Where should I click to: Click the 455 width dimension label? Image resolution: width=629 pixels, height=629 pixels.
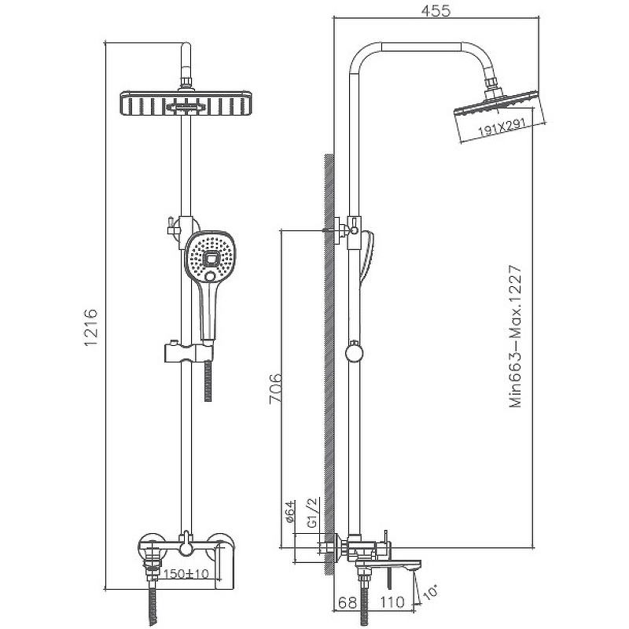tap(436, 10)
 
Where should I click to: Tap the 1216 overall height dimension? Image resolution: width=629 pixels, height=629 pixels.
tap(91, 328)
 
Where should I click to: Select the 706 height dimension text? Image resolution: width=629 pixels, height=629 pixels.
tap(276, 388)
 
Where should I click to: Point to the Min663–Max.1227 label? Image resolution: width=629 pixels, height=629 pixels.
tap(516, 337)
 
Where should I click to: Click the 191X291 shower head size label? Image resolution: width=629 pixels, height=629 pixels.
tap(502, 127)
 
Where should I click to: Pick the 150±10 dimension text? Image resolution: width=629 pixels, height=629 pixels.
tap(186, 574)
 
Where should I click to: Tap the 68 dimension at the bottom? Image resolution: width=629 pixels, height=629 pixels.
tap(348, 602)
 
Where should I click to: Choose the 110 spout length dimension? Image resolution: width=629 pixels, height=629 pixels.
tap(392, 602)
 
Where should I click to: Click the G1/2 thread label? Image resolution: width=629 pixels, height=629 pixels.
tap(313, 513)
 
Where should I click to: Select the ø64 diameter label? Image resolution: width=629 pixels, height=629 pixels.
tap(289, 512)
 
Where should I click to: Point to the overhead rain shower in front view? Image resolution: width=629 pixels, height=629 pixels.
tap(186, 104)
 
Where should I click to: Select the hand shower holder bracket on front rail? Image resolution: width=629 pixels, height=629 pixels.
tap(189, 351)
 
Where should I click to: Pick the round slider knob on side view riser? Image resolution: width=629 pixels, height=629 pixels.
tap(355, 352)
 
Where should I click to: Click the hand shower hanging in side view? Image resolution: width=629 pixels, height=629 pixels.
tap(366, 257)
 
